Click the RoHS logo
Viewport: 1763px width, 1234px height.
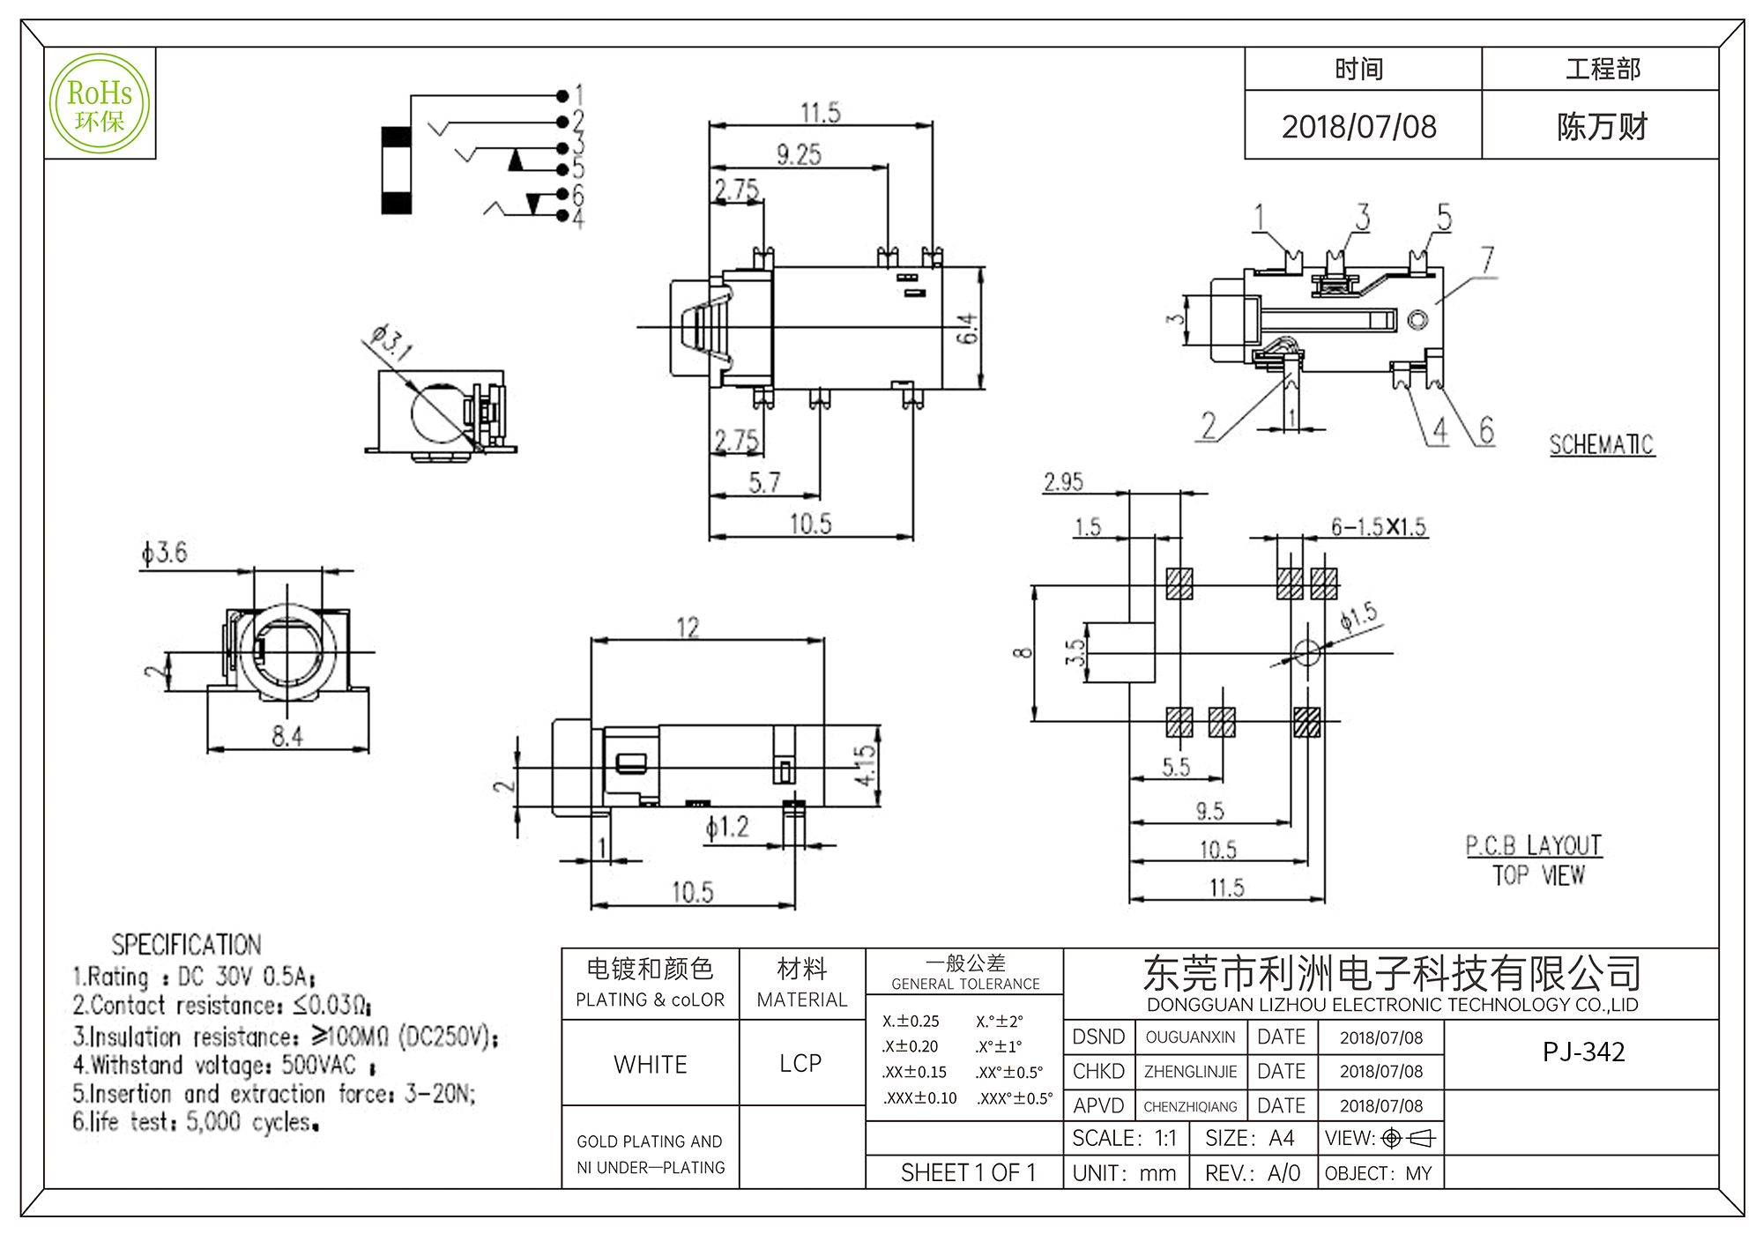(100, 104)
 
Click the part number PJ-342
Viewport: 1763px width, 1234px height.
(1583, 1052)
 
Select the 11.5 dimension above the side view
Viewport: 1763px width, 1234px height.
(820, 113)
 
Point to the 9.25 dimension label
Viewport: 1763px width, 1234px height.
(799, 155)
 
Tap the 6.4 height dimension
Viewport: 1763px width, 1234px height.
(968, 328)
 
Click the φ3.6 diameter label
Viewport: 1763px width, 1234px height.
(165, 554)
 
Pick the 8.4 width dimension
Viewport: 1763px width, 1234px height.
(287, 736)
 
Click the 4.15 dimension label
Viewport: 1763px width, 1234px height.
(866, 765)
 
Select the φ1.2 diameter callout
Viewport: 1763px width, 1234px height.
(727, 828)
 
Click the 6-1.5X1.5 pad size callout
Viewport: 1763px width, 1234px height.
(1378, 527)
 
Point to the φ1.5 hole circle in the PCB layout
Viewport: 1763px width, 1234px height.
(1306, 653)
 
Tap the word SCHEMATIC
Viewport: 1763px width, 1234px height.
(1602, 445)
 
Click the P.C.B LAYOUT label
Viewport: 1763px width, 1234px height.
(1534, 846)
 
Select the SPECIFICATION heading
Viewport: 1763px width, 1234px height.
(186, 945)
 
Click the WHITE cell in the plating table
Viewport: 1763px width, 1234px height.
(651, 1064)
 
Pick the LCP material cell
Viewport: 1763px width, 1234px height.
(800, 1064)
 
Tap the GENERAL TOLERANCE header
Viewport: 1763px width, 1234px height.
(965, 984)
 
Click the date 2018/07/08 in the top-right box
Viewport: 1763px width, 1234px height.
(1358, 127)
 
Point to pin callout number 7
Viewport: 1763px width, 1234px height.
(1487, 260)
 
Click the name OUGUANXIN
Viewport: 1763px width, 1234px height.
(1190, 1037)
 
